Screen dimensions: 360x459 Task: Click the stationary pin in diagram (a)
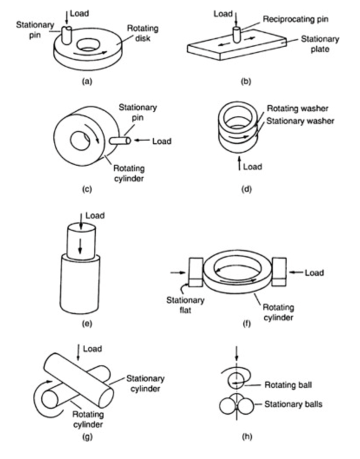tap(67, 35)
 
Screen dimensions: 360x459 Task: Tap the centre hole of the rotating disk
tap(88, 44)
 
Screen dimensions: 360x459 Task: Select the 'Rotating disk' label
tap(143, 33)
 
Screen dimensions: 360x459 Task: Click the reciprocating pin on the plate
tap(237, 35)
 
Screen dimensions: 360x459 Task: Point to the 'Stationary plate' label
tap(320, 44)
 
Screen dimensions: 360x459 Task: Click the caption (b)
tap(246, 81)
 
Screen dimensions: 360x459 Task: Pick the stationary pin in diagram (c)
tap(120, 141)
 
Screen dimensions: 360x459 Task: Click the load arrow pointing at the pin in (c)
tap(142, 141)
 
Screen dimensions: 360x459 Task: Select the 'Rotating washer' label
tap(297, 109)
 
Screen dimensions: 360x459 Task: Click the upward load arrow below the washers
tap(240, 163)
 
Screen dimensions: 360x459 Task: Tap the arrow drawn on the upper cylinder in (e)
tap(80, 249)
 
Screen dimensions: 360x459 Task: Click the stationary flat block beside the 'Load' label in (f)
tap(279, 273)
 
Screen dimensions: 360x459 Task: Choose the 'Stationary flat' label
tap(185, 305)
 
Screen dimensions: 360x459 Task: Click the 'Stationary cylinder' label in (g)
tap(145, 384)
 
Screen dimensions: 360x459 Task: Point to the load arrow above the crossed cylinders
tap(78, 353)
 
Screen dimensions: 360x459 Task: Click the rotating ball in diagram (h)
tap(237, 380)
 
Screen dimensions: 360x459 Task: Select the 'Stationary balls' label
tap(293, 404)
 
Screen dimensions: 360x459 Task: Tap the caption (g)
tap(87, 437)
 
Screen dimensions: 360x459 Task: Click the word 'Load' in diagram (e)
tap(95, 216)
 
